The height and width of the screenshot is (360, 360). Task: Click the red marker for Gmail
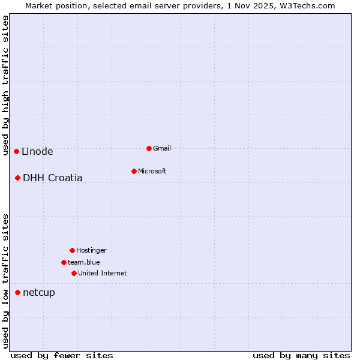coord(149,148)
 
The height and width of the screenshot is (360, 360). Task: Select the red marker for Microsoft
coord(134,171)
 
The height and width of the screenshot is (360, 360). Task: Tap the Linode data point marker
coord(16,151)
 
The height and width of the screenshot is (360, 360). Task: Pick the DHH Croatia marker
coord(18,178)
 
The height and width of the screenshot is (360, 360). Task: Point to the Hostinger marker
coord(72,250)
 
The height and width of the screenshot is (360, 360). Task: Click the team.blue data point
coord(64,262)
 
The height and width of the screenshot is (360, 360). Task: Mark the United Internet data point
coord(74,273)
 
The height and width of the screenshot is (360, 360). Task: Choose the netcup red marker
coord(18,292)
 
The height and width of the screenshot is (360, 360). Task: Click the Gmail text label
coord(162,148)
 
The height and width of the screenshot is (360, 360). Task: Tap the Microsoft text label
coord(152,171)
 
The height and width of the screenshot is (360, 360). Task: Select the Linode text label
coord(37,151)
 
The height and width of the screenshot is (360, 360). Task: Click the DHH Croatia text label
coord(53,178)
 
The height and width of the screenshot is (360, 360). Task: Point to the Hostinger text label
coord(91,250)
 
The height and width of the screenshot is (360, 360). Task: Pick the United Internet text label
coord(103,273)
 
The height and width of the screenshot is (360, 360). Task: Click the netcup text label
coord(39,292)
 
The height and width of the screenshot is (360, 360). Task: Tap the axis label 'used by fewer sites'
coord(62,355)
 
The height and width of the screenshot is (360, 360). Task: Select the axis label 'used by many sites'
coord(301,355)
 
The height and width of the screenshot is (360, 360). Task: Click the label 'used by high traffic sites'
coord(6,85)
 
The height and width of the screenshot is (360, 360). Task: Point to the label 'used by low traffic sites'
coord(6,281)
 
